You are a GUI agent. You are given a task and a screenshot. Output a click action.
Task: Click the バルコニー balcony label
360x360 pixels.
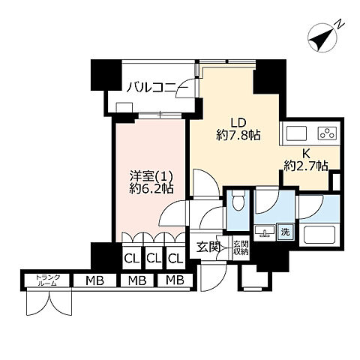(151, 87)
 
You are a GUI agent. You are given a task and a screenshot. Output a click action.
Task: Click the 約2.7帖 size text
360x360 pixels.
(306, 165)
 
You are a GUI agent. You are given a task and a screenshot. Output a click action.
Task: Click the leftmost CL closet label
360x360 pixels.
(131, 259)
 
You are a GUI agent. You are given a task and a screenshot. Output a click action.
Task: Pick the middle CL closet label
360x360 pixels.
(154, 259)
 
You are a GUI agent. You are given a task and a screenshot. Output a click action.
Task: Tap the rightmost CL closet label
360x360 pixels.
(175, 259)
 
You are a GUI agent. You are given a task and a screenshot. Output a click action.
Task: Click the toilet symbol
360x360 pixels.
(239, 203)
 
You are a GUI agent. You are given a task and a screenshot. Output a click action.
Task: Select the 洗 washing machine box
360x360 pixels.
(285, 232)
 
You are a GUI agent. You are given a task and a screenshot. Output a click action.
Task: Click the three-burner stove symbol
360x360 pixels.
(326, 133)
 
